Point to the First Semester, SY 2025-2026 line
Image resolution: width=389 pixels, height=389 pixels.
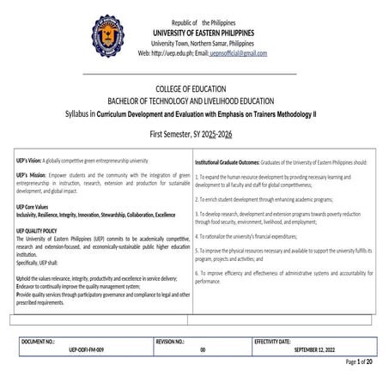pos(194,135)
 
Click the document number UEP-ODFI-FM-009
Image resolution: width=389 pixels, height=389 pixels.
pos(79,349)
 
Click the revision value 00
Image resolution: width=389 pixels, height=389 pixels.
pos(203,349)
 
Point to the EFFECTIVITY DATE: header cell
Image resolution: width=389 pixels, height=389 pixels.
pos(283,342)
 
